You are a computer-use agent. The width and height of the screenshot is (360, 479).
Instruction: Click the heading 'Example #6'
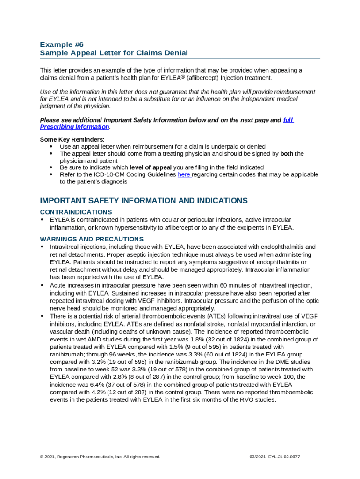[x=62, y=44]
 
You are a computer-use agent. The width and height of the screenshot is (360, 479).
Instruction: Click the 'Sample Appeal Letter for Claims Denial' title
[x=114, y=53]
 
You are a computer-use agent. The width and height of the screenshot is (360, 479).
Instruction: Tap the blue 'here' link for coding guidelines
[x=184, y=174]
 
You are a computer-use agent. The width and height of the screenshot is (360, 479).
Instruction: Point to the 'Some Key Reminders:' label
[x=72, y=139]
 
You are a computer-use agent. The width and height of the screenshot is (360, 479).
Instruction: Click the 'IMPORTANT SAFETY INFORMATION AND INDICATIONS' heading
[x=144, y=201]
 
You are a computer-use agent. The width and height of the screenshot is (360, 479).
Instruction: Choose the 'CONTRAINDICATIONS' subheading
[x=76, y=212]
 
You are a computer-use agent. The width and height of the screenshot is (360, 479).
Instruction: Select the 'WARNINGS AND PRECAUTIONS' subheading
[x=92, y=239]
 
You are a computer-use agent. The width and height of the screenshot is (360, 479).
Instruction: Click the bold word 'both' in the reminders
[x=287, y=153]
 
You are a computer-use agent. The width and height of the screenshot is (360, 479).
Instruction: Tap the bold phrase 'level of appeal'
[x=151, y=167]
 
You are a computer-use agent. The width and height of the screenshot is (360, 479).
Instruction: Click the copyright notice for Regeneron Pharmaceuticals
[x=100, y=457]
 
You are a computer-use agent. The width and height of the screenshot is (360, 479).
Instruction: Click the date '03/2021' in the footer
[x=259, y=457]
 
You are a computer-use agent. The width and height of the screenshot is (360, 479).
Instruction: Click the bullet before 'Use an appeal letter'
[x=51, y=146]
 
